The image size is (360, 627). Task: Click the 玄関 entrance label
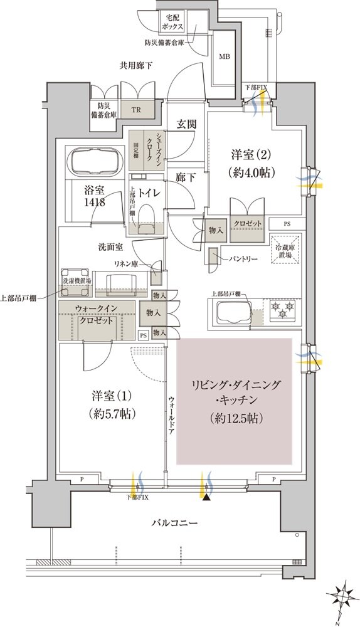[186, 124]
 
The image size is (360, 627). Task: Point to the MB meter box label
[224, 57]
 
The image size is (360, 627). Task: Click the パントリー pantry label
[240, 257]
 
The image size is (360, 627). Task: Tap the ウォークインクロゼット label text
[96, 313]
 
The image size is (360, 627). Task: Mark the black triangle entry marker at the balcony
[207, 498]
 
